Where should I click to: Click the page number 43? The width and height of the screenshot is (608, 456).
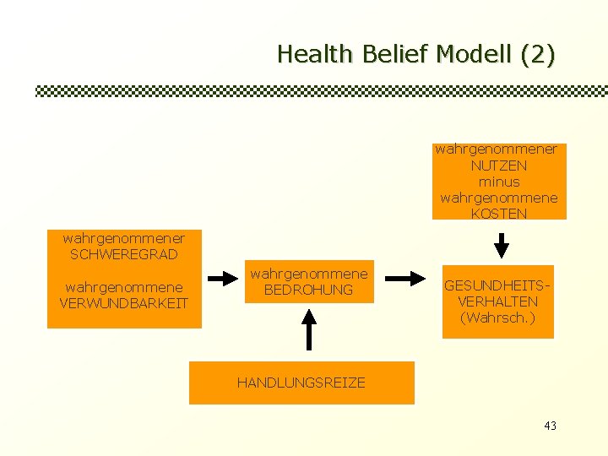pyautogui.click(x=551, y=426)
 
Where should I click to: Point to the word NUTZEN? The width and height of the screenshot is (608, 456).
pyautogui.click(x=499, y=166)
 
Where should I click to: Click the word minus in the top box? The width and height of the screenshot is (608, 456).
pyautogui.click(x=499, y=182)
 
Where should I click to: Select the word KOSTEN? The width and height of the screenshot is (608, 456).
pyautogui.click(x=499, y=214)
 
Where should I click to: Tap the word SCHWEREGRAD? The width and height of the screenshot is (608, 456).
pyautogui.click(x=124, y=254)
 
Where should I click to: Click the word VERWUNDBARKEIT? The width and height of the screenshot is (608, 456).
pyautogui.click(x=124, y=303)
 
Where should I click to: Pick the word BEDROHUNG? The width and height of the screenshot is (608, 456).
pyautogui.click(x=309, y=290)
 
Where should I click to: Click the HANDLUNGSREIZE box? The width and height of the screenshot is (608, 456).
pyautogui.click(x=301, y=383)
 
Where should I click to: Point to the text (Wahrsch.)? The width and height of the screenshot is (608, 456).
pyautogui.click(x=498, y=318)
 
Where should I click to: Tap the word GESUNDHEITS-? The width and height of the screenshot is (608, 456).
pyautogui.click(x=498, y=285)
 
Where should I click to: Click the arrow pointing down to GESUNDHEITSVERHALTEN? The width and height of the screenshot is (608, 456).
pyautogui.click(x=501, y=245)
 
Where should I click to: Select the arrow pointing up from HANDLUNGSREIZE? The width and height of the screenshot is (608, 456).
pyautogui.click(x=310, y=329)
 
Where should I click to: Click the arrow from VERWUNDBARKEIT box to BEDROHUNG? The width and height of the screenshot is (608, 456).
pyautogui.click(x=224, y=278)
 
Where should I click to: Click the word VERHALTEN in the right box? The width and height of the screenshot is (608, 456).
pyautogui.click(x=498, y=301)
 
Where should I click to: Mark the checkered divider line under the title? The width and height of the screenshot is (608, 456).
pyautogui.click(x=321, y=91)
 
